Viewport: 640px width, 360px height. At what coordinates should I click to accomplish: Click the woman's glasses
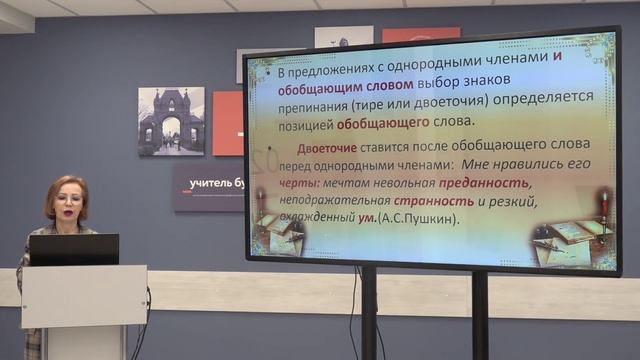point(68,199)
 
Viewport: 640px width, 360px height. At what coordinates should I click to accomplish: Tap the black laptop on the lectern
point(73,249)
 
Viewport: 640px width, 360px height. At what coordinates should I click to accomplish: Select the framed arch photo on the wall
point(171,121)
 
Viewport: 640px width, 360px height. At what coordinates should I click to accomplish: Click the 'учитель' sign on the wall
point(205,181)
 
